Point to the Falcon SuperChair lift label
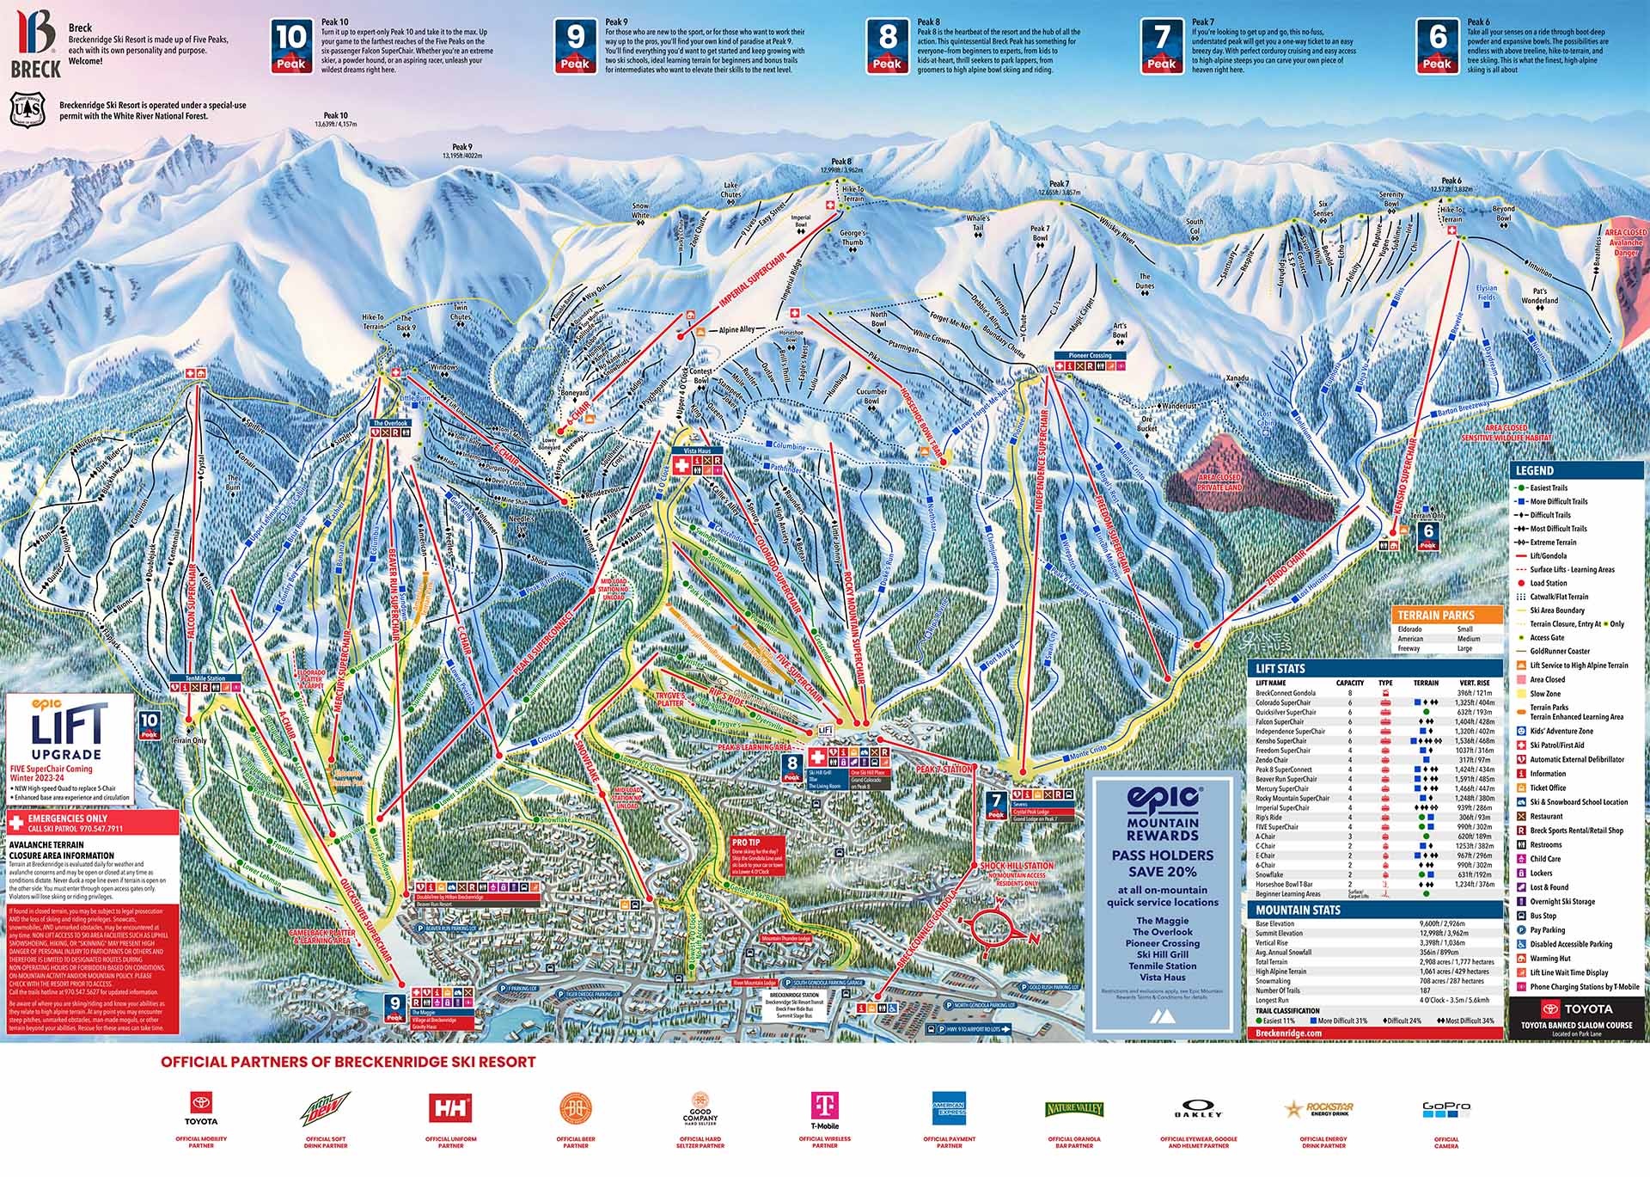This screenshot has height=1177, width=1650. click(192, 602)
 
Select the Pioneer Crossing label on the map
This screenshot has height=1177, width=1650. click(1090, 355)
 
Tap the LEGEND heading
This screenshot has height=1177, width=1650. click(1535, 470)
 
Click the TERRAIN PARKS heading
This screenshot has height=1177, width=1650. click(1436, 615)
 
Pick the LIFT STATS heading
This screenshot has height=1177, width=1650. click(1280, 668)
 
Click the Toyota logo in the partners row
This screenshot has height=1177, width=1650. click(201, 1108)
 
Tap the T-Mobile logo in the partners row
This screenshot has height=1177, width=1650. click(824, 1108)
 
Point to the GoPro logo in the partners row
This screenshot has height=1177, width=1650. click(1446, 1108)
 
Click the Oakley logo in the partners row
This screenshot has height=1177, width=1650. click(1198, 1108)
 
